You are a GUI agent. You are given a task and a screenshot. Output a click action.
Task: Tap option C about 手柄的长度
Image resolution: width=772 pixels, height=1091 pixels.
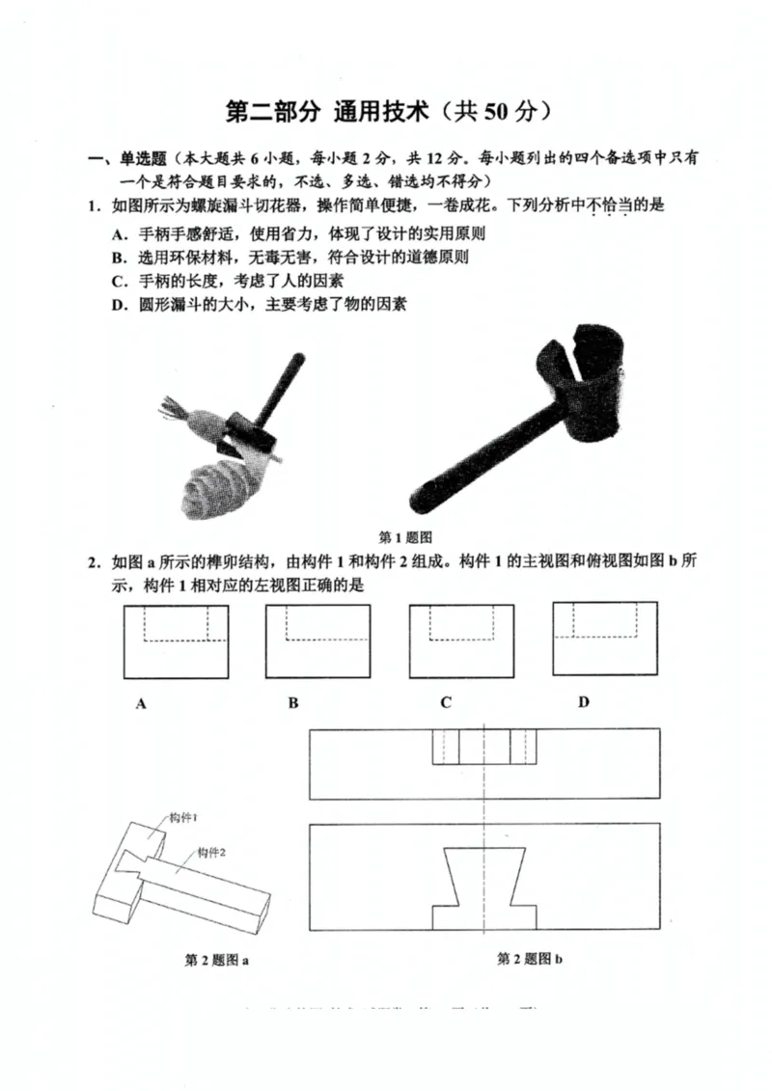pos(228,281)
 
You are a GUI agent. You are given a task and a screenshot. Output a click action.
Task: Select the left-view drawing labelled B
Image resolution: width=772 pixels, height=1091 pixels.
pos(317,641)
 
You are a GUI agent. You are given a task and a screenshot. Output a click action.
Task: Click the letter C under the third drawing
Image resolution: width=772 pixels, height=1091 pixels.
pos(445,702)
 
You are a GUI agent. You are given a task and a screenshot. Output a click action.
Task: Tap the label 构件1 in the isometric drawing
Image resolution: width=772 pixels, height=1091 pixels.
pos(183,817)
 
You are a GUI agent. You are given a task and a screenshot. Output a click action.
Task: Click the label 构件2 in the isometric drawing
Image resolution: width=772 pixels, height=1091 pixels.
pos(211,853)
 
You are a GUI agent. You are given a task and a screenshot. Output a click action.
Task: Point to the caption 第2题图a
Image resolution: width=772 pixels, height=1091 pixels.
pos(217,960)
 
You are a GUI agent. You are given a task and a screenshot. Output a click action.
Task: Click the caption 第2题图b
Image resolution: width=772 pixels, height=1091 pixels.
pos(530,959)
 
